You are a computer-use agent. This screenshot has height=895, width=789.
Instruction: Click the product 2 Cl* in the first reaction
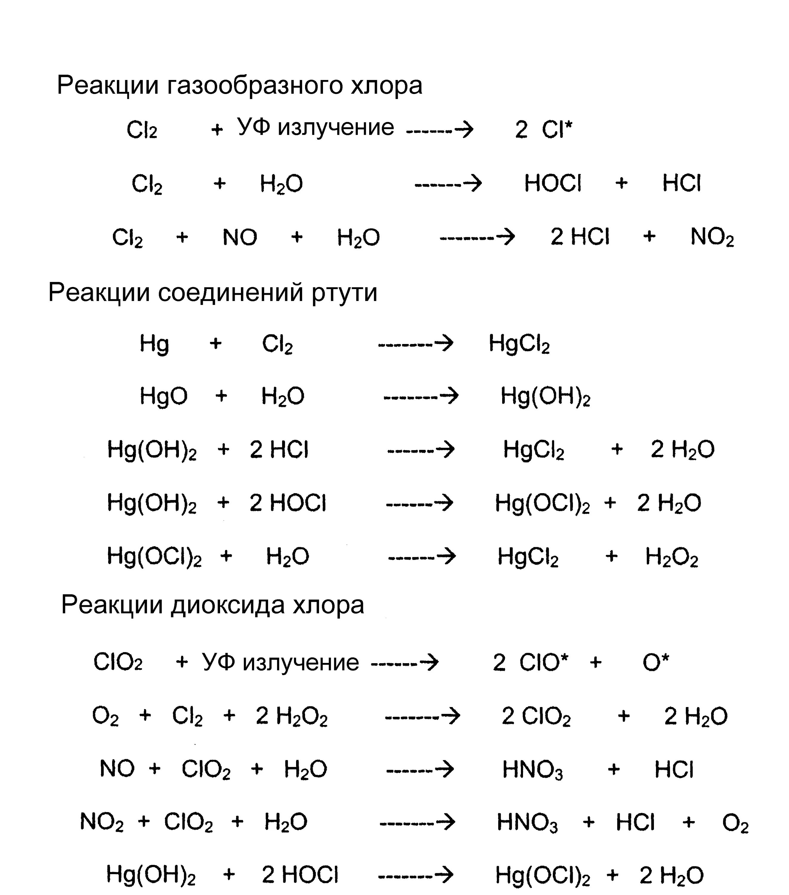[543, 129]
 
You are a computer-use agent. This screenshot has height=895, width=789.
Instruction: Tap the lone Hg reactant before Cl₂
[154, 343]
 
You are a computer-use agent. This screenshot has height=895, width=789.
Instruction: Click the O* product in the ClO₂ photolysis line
[655, 663]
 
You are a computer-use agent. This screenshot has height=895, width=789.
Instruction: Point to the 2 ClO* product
[530, 663]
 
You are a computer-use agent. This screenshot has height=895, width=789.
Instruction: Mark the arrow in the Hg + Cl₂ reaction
[415, 343]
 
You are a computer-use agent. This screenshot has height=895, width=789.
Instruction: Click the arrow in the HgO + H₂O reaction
[421, 396]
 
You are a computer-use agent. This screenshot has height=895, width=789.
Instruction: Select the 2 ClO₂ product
[536, 716]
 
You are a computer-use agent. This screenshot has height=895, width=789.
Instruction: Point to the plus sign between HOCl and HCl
[621, 183]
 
